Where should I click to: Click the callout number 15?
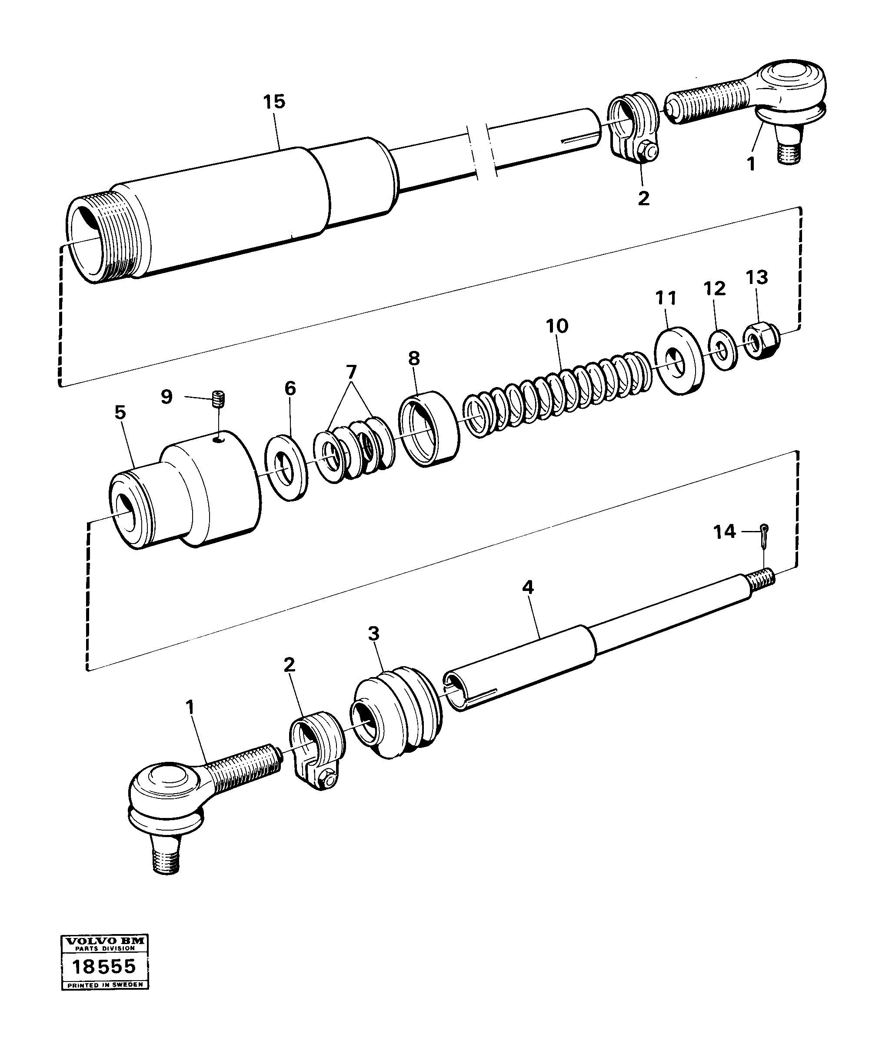(274, 102)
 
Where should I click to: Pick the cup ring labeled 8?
(429, 429)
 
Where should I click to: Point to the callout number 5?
(120, 412)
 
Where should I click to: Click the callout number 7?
(351, 372)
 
